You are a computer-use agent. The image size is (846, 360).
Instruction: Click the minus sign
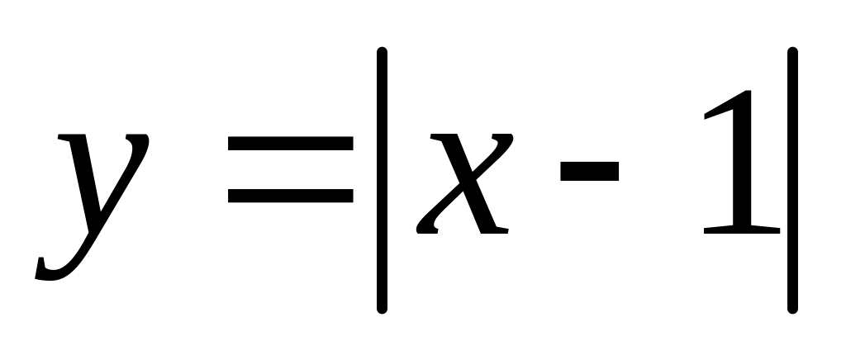589,171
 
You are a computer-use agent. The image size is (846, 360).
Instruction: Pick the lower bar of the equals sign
290,196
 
